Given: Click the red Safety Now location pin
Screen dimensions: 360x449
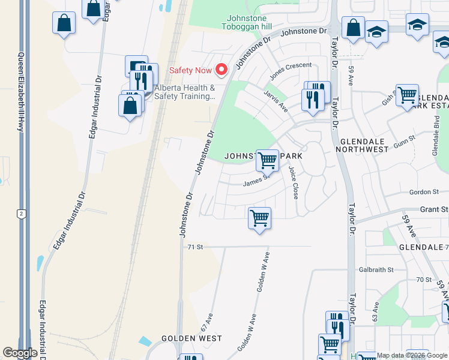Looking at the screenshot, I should (221, 70).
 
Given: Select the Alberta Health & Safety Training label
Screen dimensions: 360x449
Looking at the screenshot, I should (184, 91).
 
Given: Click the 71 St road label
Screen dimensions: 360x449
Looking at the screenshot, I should (195, 247).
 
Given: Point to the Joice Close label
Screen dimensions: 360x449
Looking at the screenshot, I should (294, 183).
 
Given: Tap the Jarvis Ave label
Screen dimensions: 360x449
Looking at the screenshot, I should (276, 101).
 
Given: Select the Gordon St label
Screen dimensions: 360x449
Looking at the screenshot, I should (424, 192).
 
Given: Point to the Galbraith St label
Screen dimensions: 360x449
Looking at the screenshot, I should (376, 270).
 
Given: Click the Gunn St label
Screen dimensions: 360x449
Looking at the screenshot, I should (404, 146).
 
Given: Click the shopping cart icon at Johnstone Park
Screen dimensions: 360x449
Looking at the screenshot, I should (267, 160).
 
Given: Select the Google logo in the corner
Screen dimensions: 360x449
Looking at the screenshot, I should (20, 353).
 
